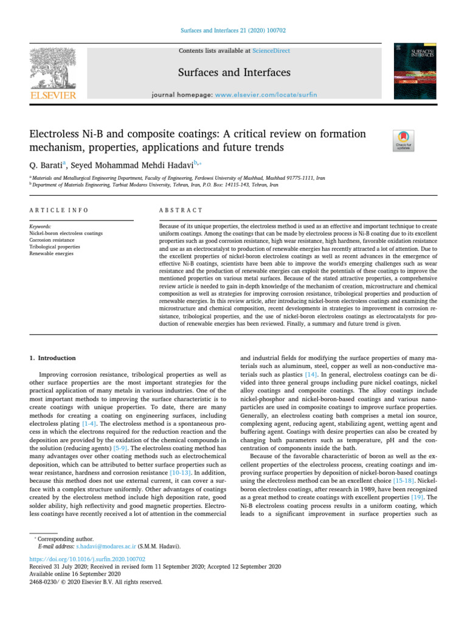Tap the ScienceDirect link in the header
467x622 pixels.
pyautogui.click(x=272, y=52)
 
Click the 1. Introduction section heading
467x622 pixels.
pyautogui.click(x=53, y=358)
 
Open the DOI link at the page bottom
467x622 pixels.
pyautogui.click(x=88, y=558)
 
